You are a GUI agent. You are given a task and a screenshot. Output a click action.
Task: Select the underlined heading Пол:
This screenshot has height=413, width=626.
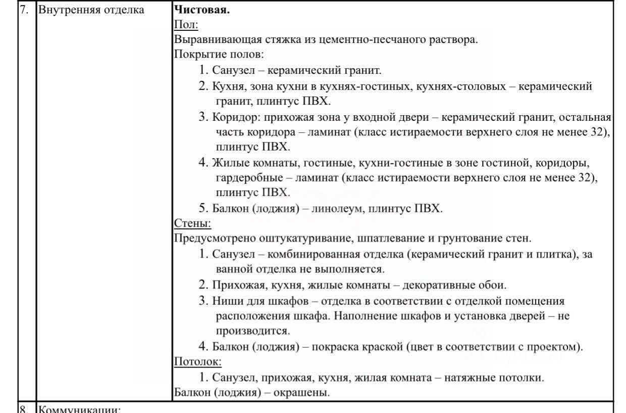186,24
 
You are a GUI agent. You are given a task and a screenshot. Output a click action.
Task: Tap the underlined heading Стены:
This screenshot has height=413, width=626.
192,223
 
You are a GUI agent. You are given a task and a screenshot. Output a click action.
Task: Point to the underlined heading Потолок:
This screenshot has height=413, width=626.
198,361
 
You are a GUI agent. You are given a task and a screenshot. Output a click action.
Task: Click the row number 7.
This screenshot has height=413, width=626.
25,10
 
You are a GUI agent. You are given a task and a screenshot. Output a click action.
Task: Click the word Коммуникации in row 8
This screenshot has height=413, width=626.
79,408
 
